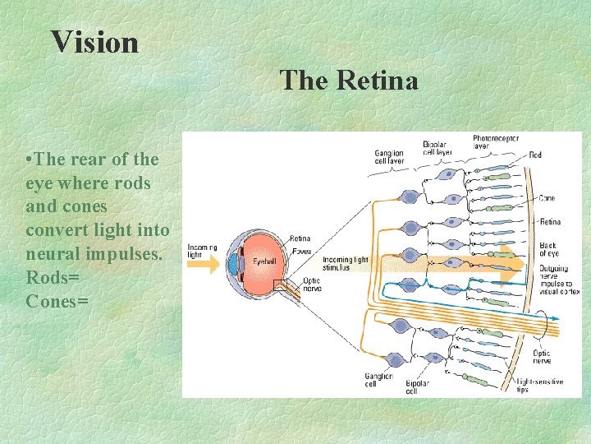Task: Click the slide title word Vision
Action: [x=94, y=42]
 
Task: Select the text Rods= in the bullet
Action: [x=53, y=277]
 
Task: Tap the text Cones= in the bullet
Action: [x=57, y=301]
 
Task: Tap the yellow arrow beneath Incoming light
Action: [x=205, y=265]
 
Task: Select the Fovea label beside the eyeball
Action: [x=300, y=251]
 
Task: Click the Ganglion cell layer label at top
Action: [x=388, y=157]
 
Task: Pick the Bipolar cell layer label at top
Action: [x=437, y=149]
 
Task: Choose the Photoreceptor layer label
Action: [x=496, y=143]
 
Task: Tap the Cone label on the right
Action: [x=547, y=198]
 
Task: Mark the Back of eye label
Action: [x=548, y=249]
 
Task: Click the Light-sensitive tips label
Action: [x=539, y=386]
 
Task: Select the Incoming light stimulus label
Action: [x=346, y=264]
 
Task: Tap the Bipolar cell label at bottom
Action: [x=418, y=386]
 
